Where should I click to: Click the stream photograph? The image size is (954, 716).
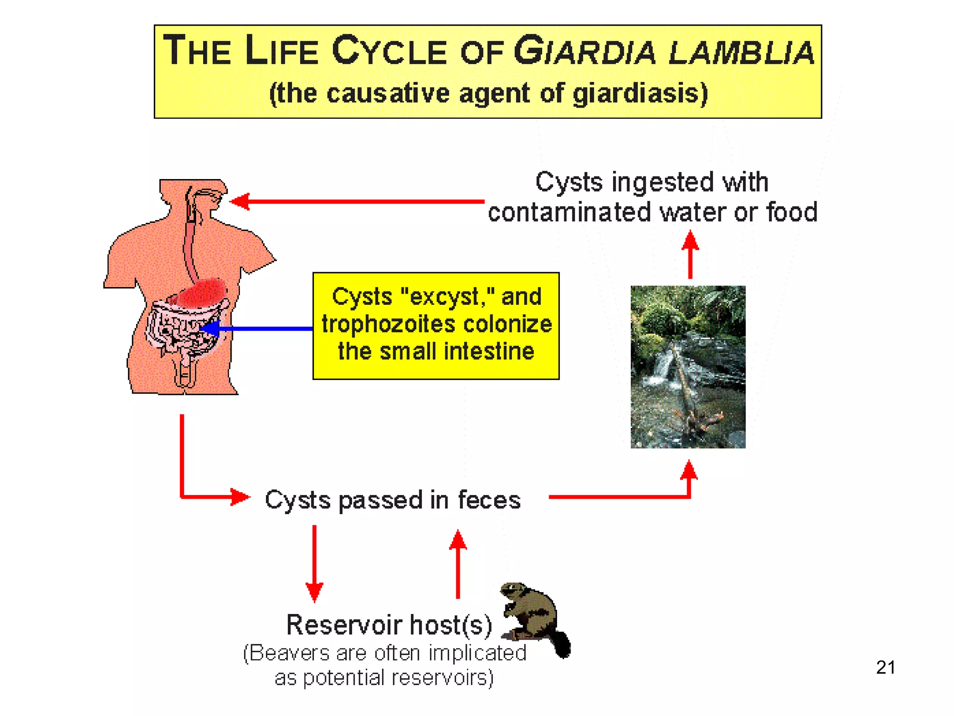click(688, 367)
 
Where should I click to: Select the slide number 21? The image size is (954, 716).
click(885, 668)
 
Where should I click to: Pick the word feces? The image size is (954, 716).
click(489, 500)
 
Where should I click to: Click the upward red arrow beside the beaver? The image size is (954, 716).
click(458, 564)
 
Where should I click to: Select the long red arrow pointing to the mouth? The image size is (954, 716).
click(359, 202)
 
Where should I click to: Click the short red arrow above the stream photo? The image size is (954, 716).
click(690, 255)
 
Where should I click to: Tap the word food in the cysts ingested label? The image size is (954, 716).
click(792, 213)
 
